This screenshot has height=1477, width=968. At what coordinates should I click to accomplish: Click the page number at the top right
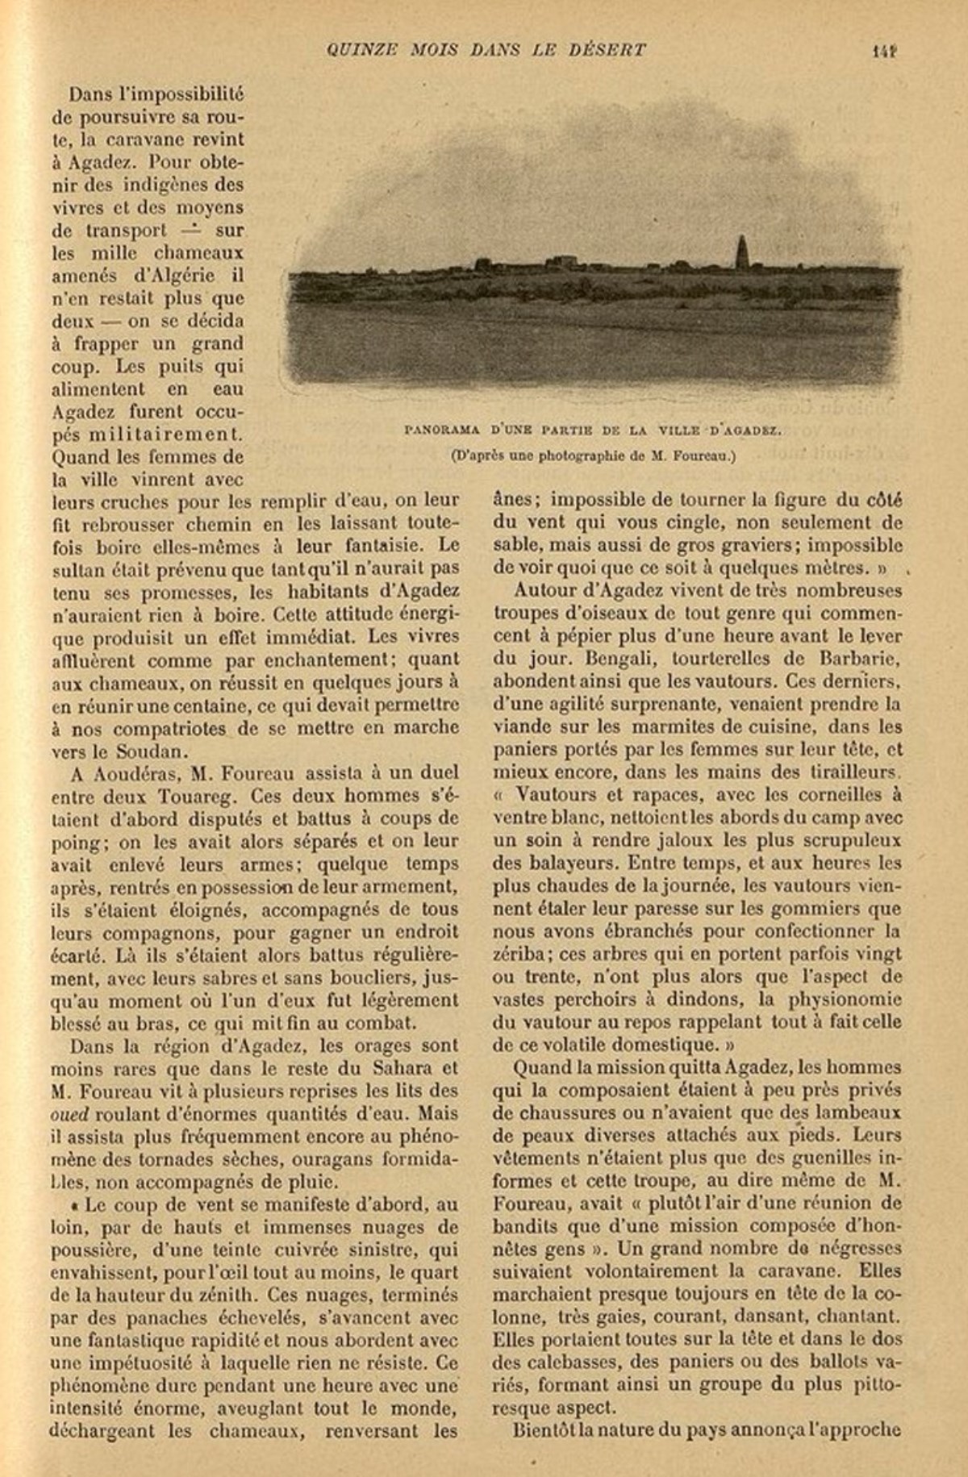(x=884, y=50)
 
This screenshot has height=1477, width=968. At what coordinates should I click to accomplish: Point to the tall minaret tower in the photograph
(x=742, y=254)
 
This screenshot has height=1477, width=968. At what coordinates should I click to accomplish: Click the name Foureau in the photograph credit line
(x=704, y=456)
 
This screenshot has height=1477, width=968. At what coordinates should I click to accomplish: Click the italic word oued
(x=69, y=1114)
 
